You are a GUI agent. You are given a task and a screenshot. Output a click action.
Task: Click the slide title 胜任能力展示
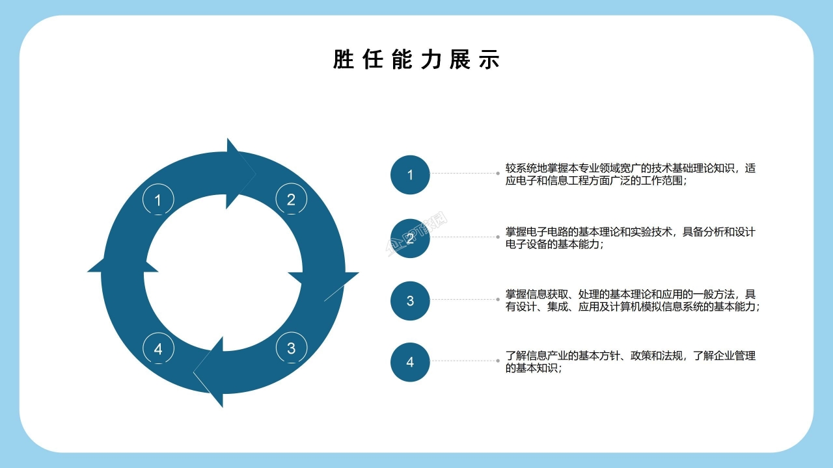click(416, 59)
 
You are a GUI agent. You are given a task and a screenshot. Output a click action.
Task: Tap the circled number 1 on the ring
click(158, 200)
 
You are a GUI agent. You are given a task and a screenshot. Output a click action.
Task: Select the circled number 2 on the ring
click(291, 199)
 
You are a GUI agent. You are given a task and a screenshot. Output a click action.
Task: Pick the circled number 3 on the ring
click(292, 348)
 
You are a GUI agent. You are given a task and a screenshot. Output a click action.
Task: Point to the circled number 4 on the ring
click(158, 348)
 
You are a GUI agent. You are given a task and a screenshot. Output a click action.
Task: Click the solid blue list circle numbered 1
click(410, 175)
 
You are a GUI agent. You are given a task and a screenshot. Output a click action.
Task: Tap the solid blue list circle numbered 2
click(410, 238)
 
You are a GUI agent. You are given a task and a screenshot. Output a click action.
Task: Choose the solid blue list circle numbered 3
click(410, 301)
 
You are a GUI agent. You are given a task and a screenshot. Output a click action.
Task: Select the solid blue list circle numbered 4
click(410, 362)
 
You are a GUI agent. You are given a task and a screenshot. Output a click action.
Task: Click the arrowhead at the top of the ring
click(240, 174)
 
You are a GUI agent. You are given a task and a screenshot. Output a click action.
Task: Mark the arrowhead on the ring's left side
click(123, 264)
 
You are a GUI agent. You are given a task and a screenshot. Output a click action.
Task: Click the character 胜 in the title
click(343, 59)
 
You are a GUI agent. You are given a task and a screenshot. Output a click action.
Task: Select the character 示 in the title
click(489, 59)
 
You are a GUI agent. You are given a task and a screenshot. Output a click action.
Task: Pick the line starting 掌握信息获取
click(631, 294)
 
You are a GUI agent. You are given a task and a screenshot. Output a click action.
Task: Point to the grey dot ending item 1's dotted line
click(498, 174)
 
